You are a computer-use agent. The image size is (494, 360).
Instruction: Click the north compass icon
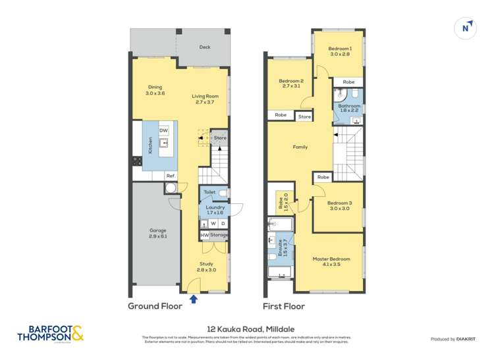pyautogui.click(x=466, y=28)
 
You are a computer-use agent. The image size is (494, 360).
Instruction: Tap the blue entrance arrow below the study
pyautogui.click(x=193, y=299)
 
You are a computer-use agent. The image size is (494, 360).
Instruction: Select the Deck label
pyautogui.click(x=205, y=47)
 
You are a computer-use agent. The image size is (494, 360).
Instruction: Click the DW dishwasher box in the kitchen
pyautogui.click(x=164, y=130)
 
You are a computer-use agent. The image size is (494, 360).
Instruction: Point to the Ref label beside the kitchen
pyautogui.click(x=170, y=176)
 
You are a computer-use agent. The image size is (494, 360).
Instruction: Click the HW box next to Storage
pyautogui.click(x=204, y=235)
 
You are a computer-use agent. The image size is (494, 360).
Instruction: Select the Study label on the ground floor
pyautogui.click(x=206, y=267)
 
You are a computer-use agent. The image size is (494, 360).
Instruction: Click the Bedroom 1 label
pyautogui.click(x=341, y=51)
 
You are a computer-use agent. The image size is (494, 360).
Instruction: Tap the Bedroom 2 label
pyautogui.click(x=290, y=83)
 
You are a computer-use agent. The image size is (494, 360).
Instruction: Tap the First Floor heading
pyautogui.click(x=283, y=306)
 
